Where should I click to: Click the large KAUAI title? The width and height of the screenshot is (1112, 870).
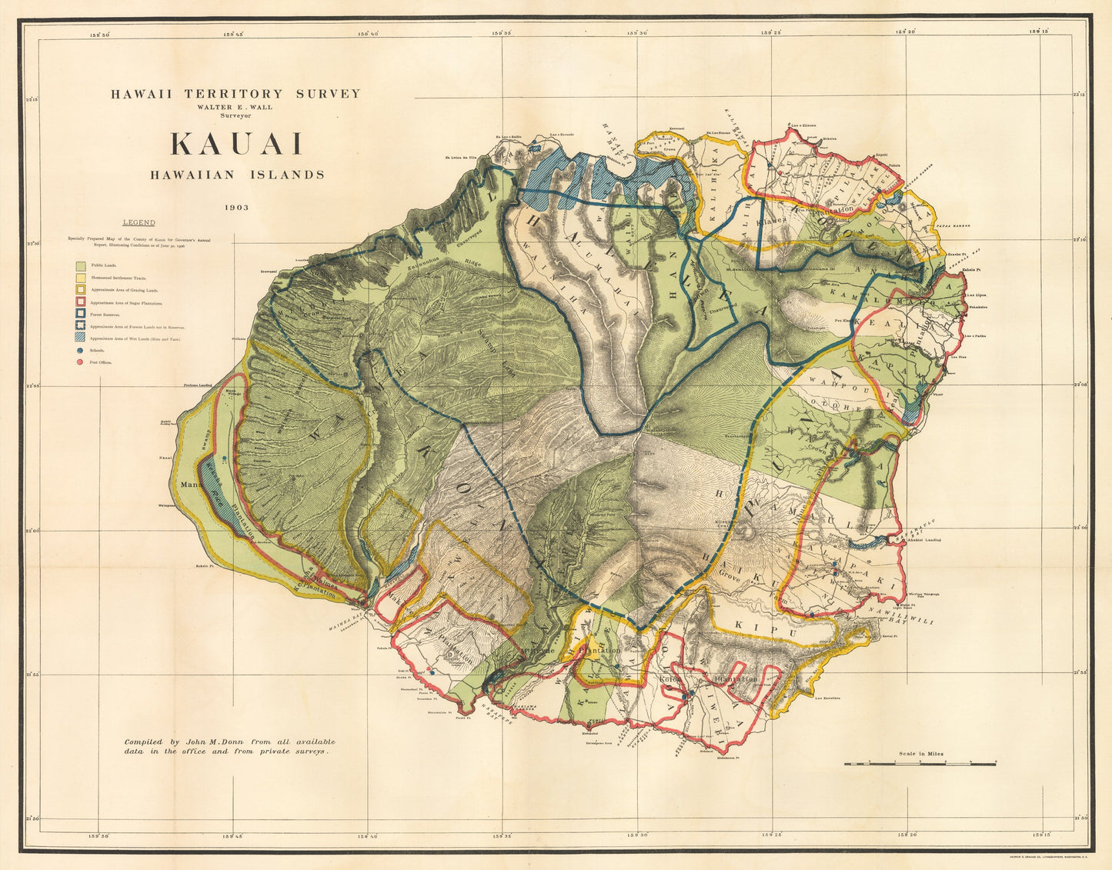click(x=237, y=145)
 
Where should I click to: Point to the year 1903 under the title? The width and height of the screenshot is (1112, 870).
click(x=237, y=207)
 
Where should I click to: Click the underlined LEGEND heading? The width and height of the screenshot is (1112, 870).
click(x=139, y=222)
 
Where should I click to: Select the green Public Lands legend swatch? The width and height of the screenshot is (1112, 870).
click(x=80, y=265)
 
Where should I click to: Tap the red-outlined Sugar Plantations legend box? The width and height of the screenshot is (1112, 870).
click(x=80, y=302)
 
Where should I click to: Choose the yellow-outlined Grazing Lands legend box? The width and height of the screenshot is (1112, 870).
click(x=80, y=290)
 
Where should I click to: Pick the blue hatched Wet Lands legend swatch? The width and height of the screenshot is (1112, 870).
click(x=80, y=338)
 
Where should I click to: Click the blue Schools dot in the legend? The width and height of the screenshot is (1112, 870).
click(x=80, y=350)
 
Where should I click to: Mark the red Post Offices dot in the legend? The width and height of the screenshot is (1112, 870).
click(x=80, y=362)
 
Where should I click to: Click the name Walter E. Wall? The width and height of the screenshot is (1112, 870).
click(x=235, y=107)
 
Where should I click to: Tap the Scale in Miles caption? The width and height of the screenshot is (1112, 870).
click(x=921, y=754)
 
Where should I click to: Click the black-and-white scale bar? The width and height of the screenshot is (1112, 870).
click(x=920, y=763)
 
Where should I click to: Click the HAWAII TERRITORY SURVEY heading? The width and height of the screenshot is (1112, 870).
click(x=235, y=94)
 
